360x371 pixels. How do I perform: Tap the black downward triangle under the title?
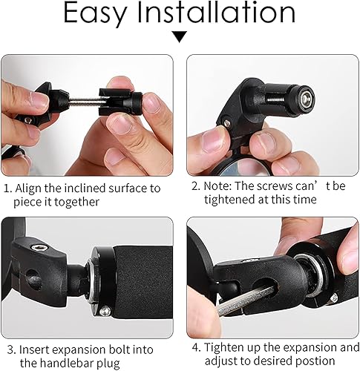180,36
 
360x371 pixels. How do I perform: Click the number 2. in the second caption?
196,185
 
